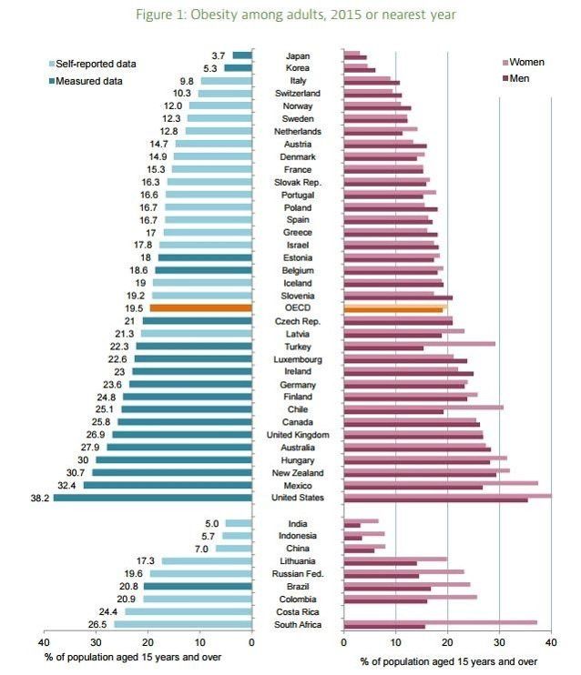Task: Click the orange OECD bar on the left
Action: (200, 308)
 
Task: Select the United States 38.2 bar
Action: (152, 498)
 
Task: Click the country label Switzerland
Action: (298, 94)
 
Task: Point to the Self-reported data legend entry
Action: (96, 64)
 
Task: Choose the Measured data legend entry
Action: (89, 80)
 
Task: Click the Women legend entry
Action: (527, 62)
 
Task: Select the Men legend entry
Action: (520, 78)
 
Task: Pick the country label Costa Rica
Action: (298, 612)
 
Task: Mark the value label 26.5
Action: (97, 625)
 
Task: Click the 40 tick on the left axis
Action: (43, 642)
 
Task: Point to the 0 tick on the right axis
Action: (343, 642)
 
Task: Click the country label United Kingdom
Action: (298, 435)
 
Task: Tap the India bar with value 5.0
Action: (239, 523)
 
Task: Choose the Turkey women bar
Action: (420, 343)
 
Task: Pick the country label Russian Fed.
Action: (298, 574)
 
